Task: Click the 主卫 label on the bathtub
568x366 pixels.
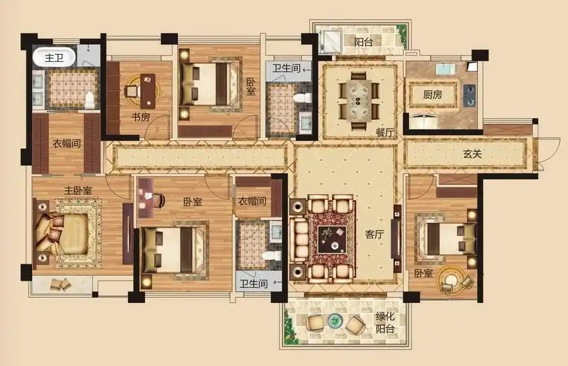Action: pos(54,57)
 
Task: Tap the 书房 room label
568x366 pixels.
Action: pos(141,117)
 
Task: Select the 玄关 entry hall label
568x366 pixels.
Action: pos(472,154)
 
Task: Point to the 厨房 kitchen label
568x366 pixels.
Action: pos(432,95)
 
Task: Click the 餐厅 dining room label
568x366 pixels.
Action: pos(385,133)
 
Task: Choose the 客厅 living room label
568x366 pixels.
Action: pos(374,234)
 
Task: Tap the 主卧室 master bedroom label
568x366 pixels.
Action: pos(78,191)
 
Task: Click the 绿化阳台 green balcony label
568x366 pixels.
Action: pos(385,322)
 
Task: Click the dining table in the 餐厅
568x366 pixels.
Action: pos(359,99)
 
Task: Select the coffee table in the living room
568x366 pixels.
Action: pos(332,240)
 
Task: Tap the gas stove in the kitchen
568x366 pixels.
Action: pos(470,95)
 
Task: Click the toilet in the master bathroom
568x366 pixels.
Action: pos(90,100)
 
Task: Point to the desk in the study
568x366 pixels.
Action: pos(148,91)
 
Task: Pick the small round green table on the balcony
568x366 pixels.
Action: pos(335,320)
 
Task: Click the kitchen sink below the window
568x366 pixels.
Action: pos(445,69)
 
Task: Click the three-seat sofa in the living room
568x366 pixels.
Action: pos(299,240)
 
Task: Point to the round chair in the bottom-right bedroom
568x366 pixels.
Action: pos(450,280)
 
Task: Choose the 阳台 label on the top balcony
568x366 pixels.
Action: pos(364,42)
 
